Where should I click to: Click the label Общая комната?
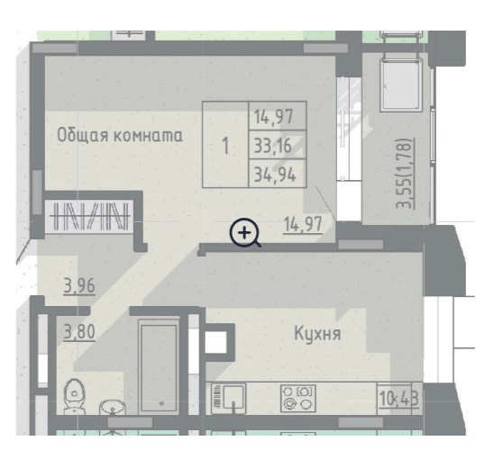click(120, 135)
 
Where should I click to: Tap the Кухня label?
click(317, 334)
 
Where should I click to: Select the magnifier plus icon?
click(245, 233)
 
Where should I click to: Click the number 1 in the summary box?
click(226, 146)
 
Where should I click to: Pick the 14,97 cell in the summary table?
click(278, 116)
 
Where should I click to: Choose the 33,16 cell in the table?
click(278, 145)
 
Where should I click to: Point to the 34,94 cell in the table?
click(278, 174)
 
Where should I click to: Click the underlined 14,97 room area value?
click(303, 224)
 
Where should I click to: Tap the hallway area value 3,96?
click(79, 286)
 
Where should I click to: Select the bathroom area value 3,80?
click(79, 332)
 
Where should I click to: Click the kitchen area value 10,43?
click(399, 399)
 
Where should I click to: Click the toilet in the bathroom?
click(75, 396)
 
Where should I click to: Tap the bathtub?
click(160, 367)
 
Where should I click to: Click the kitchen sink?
click(229, 399)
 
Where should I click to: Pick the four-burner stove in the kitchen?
click(298, 399)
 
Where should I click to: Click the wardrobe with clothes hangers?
click(90, 216)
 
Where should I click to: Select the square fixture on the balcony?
click(401, 85)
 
